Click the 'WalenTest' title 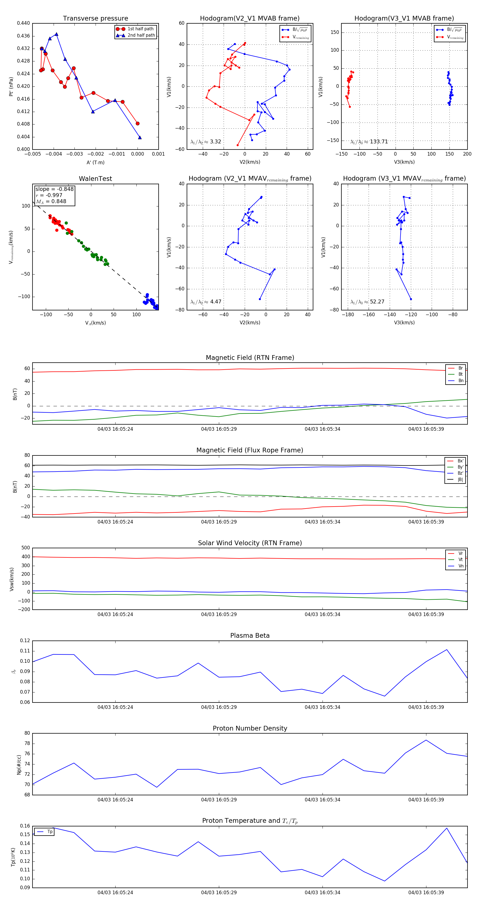[95, 179]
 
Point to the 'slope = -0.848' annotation [54, 189]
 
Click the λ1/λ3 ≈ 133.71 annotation [369, 142]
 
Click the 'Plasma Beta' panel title [250, 636]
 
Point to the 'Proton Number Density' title [250, 728]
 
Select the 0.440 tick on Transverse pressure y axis [24, 23]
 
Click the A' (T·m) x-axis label [95, 163]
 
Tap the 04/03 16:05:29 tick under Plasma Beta [219, 707]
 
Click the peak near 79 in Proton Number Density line [426, 740]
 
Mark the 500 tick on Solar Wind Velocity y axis [26, 548]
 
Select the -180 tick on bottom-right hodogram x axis [348, 315]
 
